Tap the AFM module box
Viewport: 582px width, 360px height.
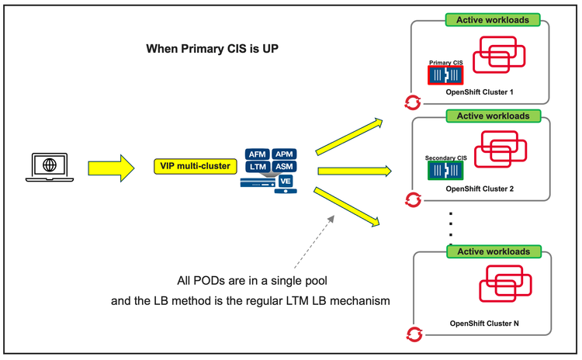coord(256,154)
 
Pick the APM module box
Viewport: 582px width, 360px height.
coord(283,154)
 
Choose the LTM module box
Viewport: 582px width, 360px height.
coord(256,167)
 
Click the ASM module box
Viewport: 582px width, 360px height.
coord(283,167)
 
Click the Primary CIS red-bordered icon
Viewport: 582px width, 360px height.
coord(445,74)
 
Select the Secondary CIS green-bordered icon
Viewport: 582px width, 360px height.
coord(445,171)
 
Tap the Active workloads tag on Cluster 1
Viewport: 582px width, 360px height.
coord(493,19)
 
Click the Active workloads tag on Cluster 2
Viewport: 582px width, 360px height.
coord(493,116)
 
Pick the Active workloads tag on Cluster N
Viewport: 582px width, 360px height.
coord(493,251)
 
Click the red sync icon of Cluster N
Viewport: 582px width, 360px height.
coord(414,334)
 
